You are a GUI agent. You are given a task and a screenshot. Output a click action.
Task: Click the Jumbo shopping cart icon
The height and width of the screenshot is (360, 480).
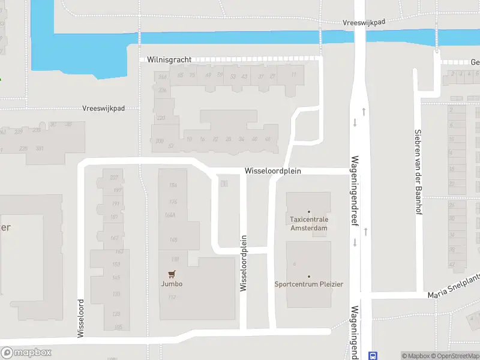tap(172, 274)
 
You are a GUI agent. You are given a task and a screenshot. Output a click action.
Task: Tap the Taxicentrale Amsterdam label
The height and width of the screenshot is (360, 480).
tap(309, 224)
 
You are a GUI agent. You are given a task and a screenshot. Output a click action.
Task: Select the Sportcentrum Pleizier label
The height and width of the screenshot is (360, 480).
tap(309, 284)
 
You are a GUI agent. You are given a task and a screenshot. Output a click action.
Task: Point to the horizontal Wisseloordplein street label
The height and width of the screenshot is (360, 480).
tap(272, 171)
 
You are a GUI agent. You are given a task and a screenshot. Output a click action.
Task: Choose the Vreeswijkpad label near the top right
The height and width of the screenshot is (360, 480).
tap(364, 22)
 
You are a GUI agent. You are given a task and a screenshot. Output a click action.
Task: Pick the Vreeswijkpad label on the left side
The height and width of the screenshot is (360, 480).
tap(103, 109)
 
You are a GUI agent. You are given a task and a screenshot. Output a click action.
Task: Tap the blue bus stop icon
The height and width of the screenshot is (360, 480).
tap(373, 355)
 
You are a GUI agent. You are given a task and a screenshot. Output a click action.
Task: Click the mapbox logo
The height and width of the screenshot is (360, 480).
tap(26, 353)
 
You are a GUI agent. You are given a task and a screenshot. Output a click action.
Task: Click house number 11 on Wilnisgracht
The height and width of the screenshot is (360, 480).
tap(293, 74)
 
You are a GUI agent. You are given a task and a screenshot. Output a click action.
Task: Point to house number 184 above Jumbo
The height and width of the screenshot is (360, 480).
tap(173, 185)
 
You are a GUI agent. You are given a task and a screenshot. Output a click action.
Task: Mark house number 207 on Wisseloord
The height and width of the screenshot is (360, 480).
tap(114, 177)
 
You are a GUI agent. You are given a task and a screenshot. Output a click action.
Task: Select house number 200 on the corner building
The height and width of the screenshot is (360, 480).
tap(159, 141)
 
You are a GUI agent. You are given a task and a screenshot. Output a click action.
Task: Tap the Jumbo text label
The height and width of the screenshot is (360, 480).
tap(172, 284)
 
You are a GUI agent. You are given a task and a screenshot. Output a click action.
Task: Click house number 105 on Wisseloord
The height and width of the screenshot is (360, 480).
tap(118, 326)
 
